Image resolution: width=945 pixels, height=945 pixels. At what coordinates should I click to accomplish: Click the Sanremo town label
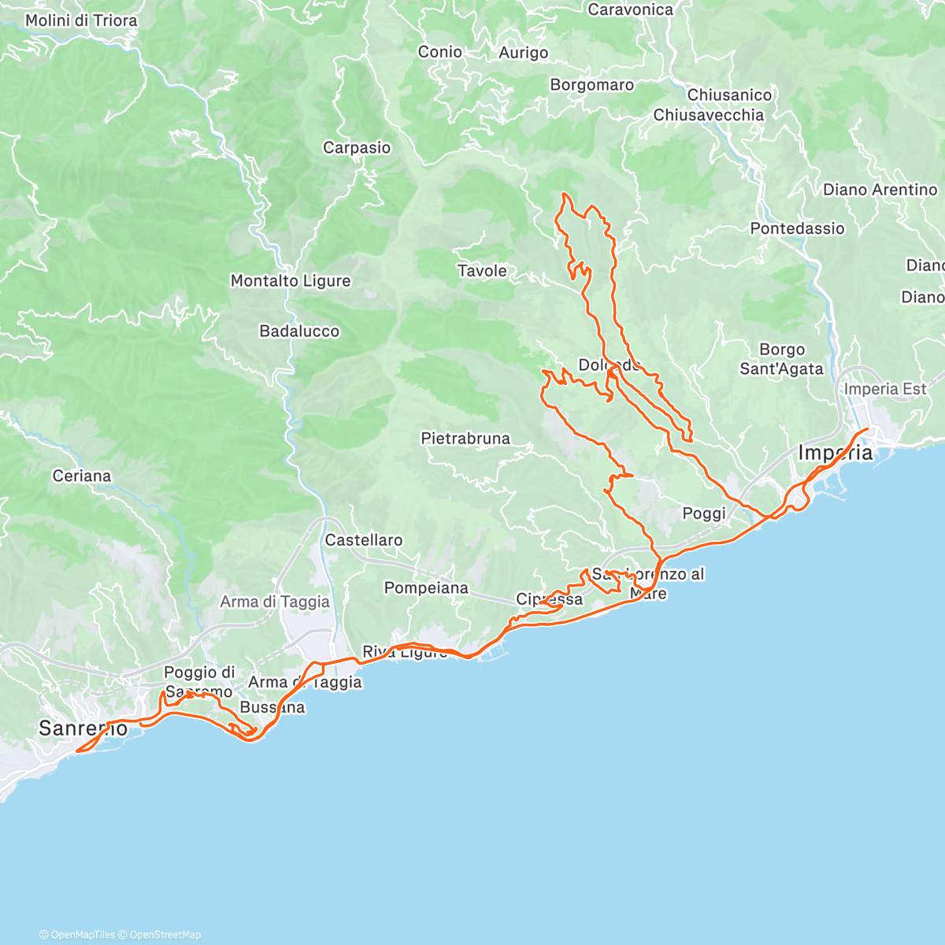point(83,728)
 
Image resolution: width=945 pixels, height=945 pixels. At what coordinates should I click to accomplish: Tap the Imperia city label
point(836,453)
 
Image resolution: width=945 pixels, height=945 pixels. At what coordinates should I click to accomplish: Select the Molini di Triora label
point(81,20)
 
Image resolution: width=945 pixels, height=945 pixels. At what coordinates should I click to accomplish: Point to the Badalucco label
point(299,332)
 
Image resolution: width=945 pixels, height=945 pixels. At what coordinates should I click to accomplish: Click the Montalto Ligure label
point(291,281)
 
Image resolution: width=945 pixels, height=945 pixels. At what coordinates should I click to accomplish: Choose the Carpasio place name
point(357,148)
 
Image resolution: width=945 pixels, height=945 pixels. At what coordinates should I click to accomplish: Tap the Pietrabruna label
point(465,439)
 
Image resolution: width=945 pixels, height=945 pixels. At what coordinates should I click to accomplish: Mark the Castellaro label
point(364,540)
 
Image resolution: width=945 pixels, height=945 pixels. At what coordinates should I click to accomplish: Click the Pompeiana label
point(426,588)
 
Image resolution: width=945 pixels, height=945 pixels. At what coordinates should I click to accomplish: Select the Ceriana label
point(82,476)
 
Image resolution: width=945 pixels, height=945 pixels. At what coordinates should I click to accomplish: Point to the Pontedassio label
point(797,228)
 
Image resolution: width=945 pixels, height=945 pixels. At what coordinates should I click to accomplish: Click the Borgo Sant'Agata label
point(781,359)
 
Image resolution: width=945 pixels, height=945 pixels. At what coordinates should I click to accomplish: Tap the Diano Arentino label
point(880,190)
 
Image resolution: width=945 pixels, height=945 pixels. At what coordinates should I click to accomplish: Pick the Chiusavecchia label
point(709,115)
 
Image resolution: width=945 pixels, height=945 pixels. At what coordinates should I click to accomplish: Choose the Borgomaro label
point(592,85)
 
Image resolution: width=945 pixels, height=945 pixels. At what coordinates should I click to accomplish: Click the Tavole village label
point(482,271)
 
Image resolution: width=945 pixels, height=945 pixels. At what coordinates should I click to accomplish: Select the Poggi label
point(704,513)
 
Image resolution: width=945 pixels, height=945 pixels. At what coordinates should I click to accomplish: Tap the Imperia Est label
point(885,389)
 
